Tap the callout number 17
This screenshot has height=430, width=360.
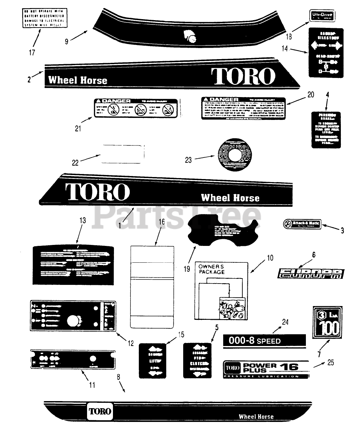coord(32,53)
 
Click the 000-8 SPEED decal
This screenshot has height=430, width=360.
coord(265,341)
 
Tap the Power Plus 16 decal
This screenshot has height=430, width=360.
coord(266,369)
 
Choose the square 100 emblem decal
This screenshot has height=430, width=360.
coord(327,321)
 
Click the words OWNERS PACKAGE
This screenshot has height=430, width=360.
coord(211,269)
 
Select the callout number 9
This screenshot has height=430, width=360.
coord(67,41)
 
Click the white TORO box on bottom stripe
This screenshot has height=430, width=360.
coord(100,411)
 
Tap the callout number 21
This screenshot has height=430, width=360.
coord(78,129)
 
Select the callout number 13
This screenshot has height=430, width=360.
coord(82,220)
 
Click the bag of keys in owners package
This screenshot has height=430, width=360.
coord(232,308)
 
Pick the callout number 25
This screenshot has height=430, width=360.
coord(330,363)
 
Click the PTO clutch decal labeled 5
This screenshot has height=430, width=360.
coord(197,360)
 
